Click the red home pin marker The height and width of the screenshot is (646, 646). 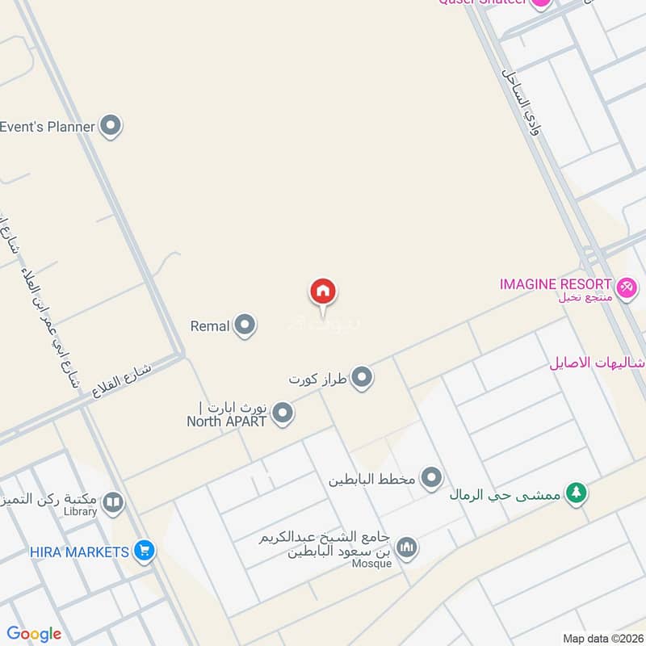click(x=323, y=292)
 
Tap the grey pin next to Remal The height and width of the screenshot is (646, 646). click(x=245, y=326)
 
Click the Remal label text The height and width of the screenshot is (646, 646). click(x=210, y=326)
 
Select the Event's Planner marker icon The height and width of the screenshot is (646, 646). click(x=111, y=126)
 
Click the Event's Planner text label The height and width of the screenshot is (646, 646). click(x=48, y=126)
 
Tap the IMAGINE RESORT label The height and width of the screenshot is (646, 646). click(x=556, y=284)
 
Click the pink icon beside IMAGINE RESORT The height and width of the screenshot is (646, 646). click(x=627, y=287)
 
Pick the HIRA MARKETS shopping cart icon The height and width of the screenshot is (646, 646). click(x=145, y=552)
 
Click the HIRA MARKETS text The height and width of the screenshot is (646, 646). click(x=79, y=552)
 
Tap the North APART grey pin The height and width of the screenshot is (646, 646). click(x=282, y=414)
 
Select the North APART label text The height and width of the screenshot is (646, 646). click(x=227, y=421)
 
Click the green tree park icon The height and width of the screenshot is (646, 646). click(x=576, y=492)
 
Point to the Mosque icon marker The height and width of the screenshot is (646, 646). click(x=408, y=547)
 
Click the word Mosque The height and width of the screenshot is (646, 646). click(x=372, y=564)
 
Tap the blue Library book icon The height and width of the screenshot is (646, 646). click(x=113, y=504)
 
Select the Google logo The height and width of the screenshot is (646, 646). click(x=34, y=634)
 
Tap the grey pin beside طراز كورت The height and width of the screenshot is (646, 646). click(x=362, y=377)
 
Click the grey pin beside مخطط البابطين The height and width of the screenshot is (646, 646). click(x=433, y=479)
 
